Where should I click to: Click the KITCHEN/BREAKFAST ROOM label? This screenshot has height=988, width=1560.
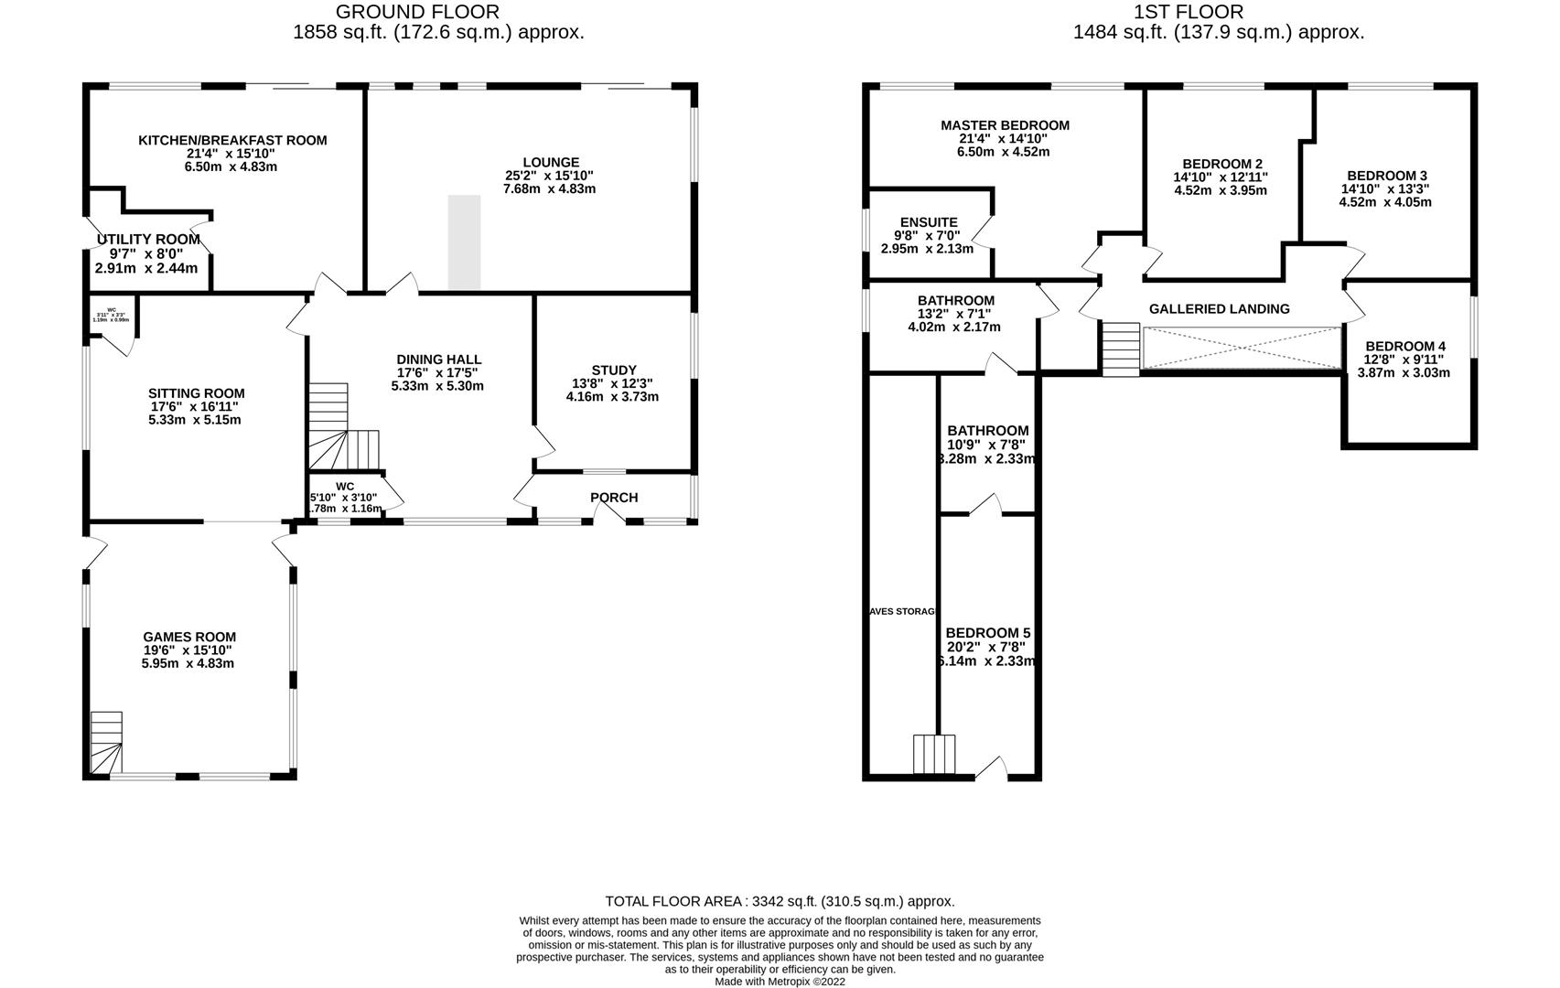pos(232,140)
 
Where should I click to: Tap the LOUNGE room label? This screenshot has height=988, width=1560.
pos(551,163)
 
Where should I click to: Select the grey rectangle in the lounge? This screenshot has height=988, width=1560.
pos(464,242)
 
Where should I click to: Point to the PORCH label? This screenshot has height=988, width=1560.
pos(614,498)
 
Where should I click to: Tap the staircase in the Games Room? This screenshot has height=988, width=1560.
pos(106,741)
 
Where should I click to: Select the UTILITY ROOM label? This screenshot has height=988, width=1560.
pos(148,240)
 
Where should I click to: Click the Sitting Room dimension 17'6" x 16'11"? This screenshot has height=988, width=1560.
pos(198,406)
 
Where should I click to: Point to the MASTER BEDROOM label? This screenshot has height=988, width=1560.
pos(1005,125)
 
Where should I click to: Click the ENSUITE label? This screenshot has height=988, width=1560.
pos(929,222)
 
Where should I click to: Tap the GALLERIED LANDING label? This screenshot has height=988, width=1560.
pos(1219,309)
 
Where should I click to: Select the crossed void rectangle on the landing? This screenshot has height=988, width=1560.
pos(1242,348)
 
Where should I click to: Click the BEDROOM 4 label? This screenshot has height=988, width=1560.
pos(1405,346)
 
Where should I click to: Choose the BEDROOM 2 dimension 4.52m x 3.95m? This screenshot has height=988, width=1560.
pos(1221,190)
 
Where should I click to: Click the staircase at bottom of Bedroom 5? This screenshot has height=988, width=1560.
pos(934,755)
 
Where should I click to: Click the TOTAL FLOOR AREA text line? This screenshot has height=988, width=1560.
pos(780,901)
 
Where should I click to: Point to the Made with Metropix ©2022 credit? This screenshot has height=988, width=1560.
pos(780,982)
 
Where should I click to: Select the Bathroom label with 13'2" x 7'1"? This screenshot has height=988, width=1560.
pos(955,300)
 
